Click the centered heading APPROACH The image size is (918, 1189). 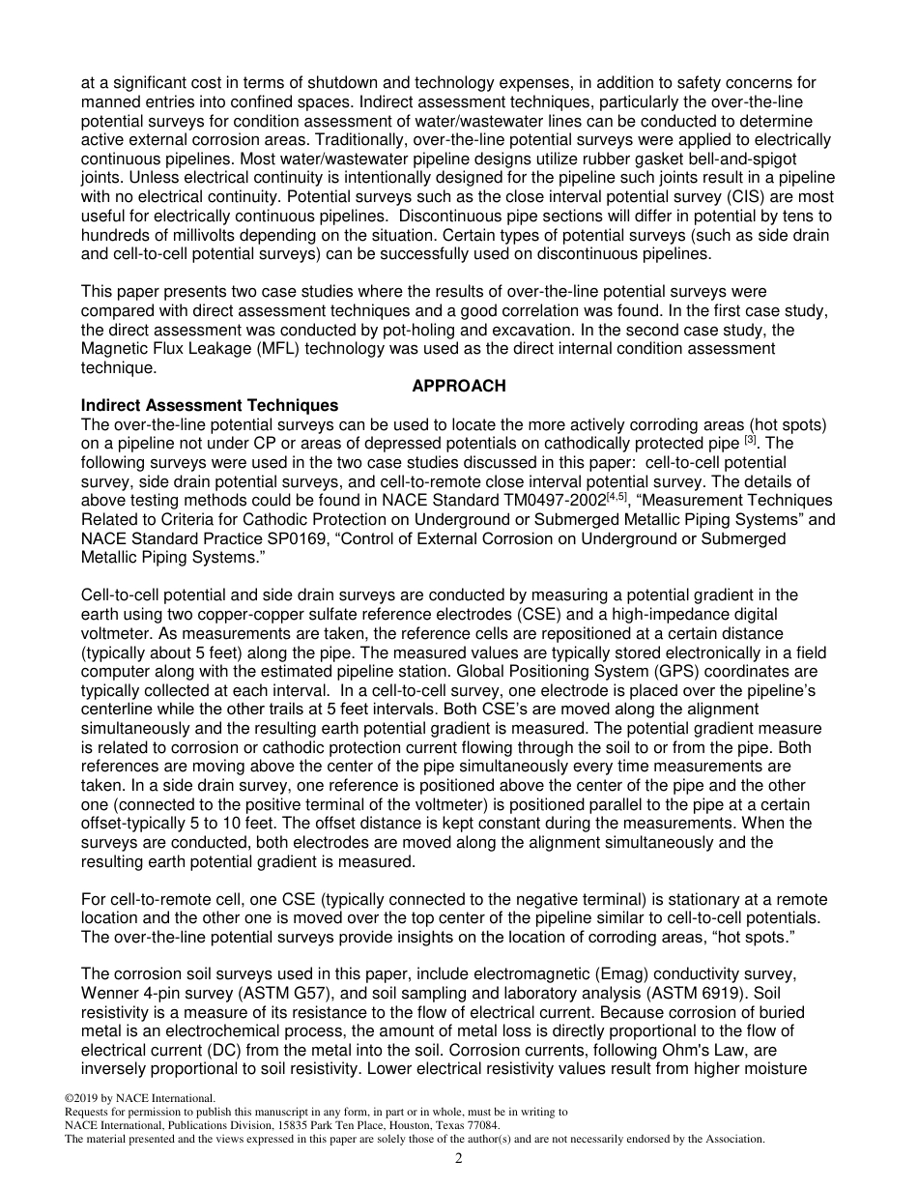click(458, 386)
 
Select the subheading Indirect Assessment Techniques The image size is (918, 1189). click(210, 405)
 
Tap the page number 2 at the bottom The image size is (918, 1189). click(459, 1159)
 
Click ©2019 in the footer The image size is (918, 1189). click(83, 1098)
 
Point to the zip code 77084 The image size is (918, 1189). click(481, 1125)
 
